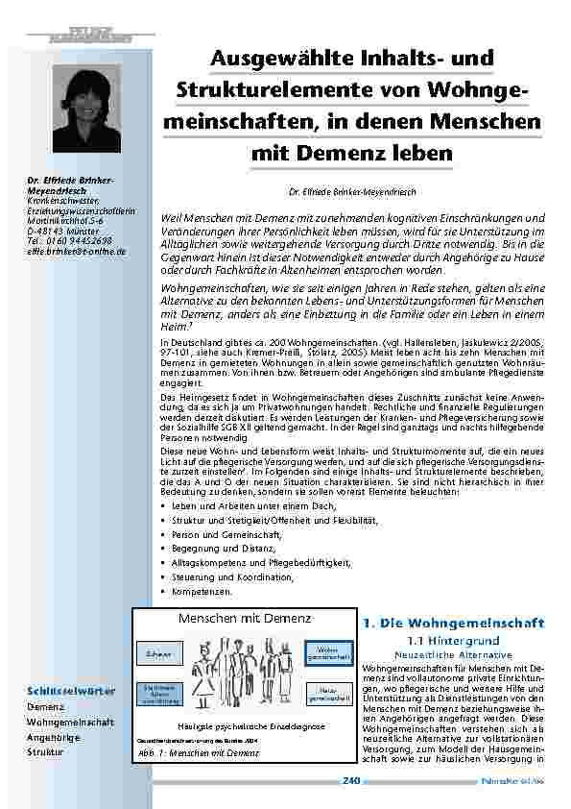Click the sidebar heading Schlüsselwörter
point(71,691)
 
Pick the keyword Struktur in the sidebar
point(45,751)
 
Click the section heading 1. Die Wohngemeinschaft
point(454,623)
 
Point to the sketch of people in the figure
point(243,673)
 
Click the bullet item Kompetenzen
point(205,592)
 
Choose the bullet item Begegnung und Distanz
point(221,548)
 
